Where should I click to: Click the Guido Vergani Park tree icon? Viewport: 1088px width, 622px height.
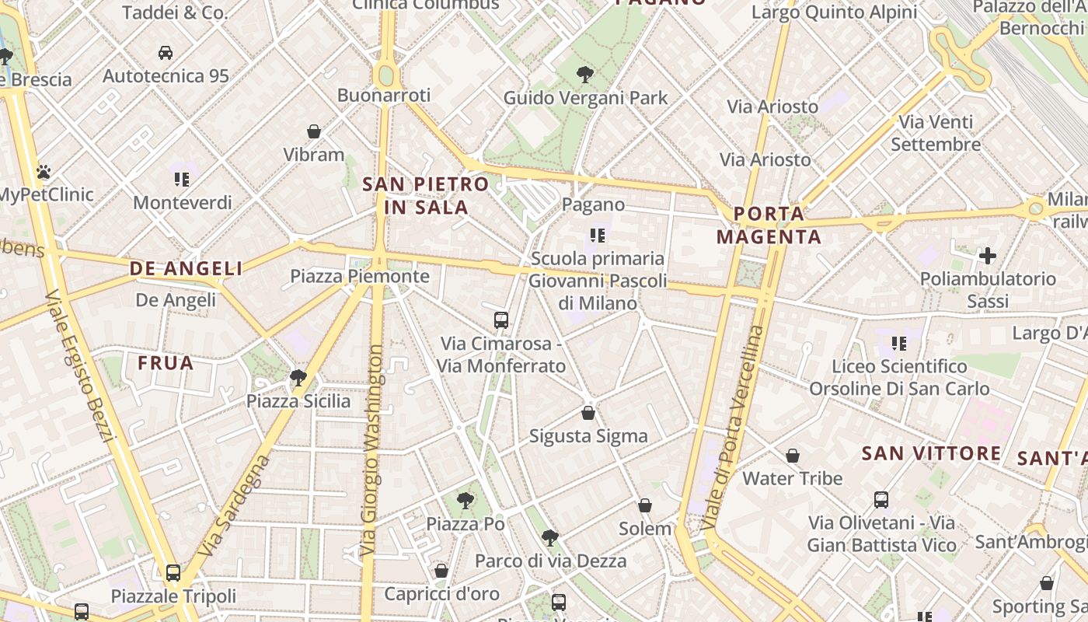(585, 75)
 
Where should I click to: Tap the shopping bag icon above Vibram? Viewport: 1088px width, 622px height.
(314, 131)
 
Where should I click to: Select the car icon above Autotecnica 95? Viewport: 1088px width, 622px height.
(166, 53)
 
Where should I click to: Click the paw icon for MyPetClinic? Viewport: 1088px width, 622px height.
(44, 172)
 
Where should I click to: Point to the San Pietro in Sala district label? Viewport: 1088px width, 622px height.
(426, 196)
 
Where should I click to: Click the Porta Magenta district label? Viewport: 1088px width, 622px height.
(769, 225)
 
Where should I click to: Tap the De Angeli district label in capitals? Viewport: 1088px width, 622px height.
(186, 269)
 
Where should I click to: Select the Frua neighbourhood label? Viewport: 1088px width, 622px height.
(166, 363)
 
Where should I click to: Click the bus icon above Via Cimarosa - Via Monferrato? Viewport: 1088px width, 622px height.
(501, 320)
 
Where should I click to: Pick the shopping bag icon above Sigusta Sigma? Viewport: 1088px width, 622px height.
(588, 412)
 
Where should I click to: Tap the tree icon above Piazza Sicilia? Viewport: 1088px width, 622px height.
(298, 378)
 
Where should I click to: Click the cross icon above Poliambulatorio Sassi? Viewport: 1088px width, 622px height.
(988, 255)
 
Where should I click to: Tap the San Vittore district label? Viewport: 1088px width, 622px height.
(931, 453)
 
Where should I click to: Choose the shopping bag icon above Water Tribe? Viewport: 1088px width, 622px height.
(793, 455)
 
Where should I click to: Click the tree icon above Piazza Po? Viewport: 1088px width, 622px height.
(466, 500)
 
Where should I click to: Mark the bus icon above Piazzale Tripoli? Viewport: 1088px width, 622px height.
(173, 573)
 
